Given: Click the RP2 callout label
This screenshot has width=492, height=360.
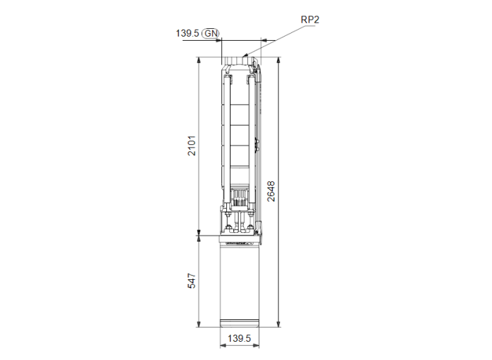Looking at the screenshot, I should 310,20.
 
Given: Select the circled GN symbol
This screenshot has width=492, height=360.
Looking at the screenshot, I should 211,33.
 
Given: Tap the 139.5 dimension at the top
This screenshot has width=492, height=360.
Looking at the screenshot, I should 187,33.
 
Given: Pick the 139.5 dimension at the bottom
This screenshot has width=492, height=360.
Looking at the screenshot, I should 240,339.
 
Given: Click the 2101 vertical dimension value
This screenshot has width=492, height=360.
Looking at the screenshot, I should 192,146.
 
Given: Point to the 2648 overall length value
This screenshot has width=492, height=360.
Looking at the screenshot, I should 271,191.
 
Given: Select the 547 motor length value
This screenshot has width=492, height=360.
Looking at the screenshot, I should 192,281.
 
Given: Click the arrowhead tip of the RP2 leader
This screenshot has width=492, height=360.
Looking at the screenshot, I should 244,55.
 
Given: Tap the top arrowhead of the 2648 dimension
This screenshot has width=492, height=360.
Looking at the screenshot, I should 280,61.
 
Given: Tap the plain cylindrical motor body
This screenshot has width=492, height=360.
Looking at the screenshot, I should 240,281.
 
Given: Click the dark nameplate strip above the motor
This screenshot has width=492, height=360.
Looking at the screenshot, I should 240,240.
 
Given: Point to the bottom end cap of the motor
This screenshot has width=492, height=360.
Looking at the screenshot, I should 240,325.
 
